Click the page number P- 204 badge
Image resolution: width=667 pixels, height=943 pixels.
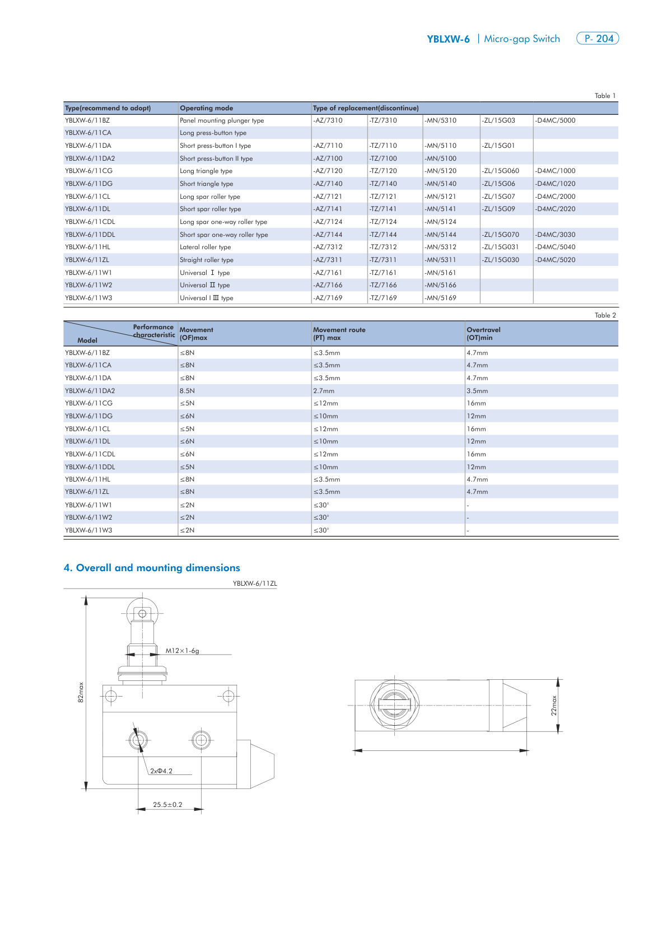click(598, 39)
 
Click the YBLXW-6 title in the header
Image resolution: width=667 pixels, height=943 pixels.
click(448, 39)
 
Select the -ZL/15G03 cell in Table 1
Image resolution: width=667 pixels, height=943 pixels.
click(498, 120)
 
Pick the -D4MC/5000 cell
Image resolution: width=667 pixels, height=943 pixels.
click(555, 120)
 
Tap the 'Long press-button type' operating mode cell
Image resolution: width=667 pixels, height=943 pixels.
click(213, 133)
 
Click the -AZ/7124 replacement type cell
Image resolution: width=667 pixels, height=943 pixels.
click(328, 222)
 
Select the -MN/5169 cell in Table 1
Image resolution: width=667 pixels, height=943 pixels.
click(441, 298)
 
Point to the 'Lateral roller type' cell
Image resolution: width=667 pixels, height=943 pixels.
click(205, 247)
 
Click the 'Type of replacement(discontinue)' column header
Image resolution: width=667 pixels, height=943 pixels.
click(366, 108)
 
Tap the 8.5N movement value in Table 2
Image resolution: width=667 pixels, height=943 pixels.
click(187, 391)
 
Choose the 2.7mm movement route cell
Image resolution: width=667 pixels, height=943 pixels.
click(324, 391)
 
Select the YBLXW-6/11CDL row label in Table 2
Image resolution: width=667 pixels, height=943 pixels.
click(90, 454)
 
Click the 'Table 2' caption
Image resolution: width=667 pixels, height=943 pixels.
click(605, 315)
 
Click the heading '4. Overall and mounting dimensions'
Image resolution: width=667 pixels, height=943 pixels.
click(152, 568)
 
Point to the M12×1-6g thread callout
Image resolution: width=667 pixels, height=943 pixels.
click(182, 651)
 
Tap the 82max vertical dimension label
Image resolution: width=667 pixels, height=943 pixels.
click(81, 692)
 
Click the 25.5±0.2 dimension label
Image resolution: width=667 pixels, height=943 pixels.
click(167, 805)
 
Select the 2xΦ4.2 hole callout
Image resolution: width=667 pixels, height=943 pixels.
click(161, 771)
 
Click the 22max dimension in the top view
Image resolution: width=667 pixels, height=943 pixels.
click(554, 706)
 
